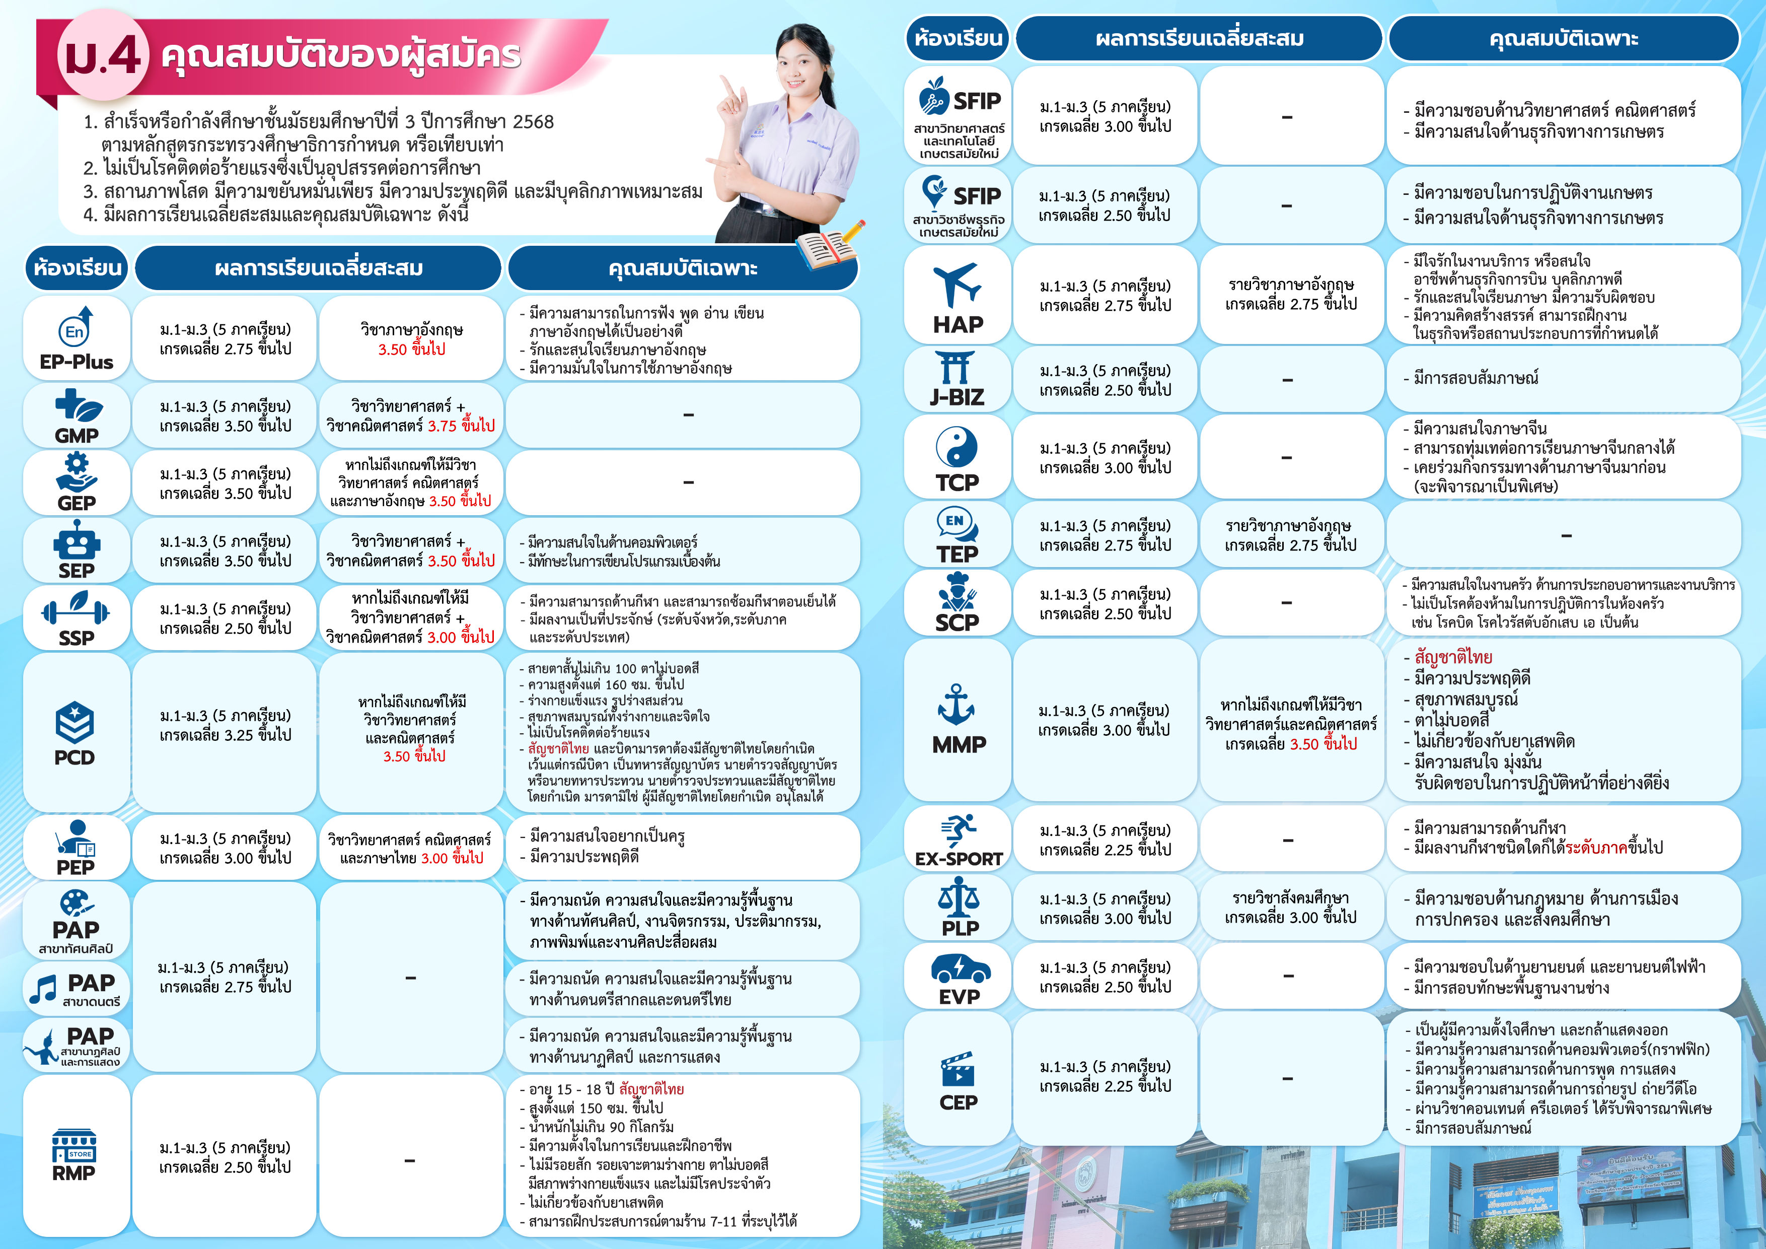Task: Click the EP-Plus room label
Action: pyautogui.click(x=76, y=362)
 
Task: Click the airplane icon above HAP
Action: pyautogui.click(x=957, y=285)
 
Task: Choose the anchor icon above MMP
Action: pyautogui.click(x=957, y=704)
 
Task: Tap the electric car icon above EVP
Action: pyautogui.click(x=960, y=967)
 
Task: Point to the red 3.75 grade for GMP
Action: pyautogui.click(x=443, y=426)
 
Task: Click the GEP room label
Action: pyautogui.click(x=76, y=503)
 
